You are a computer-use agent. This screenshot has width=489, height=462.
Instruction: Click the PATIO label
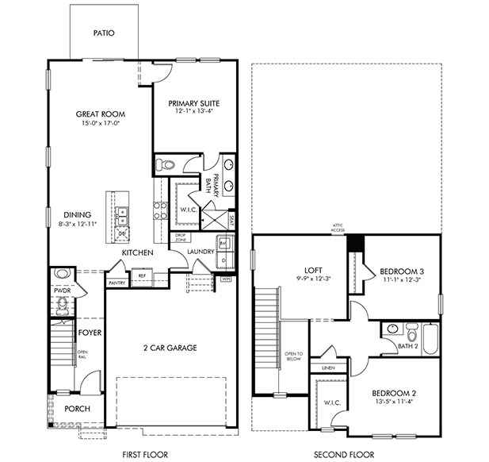click(103, 34)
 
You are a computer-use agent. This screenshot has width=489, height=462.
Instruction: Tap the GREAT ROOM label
click(101, 114)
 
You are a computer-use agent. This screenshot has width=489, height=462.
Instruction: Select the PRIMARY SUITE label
click(193, 103)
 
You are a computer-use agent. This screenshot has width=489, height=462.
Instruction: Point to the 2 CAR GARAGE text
click(170, 348)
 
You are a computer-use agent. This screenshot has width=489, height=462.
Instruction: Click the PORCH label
click(77, 409)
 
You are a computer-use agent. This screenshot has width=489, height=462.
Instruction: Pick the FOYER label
click(90, 333)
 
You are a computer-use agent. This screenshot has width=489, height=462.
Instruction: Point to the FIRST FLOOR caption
click(145, 454)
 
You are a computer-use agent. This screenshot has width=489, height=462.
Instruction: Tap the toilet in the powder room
click(63, 276)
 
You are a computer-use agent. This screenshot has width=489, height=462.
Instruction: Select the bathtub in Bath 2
click(430, 338)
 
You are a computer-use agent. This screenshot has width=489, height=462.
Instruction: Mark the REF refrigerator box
click(143, 276)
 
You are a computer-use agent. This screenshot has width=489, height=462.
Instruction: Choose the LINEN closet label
click(327, 368)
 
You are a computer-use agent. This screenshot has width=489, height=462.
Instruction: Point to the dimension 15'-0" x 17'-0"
click(101, 124)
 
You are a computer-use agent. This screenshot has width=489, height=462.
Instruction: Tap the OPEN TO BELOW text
click(293, 356)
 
